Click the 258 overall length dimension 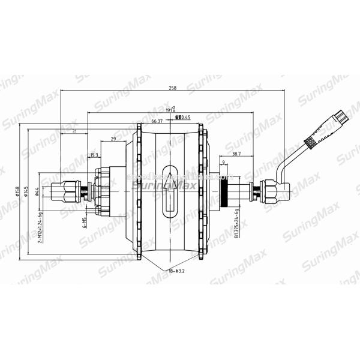tap(173, 89)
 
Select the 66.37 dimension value tap(158, 121)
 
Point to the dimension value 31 tap(74, 131)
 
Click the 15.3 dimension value tap(94, 155)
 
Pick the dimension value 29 tap(113, 139)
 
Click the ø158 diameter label tap(19, 192)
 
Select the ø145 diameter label tap(27, 192)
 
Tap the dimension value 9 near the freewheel tap(223, 163)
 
